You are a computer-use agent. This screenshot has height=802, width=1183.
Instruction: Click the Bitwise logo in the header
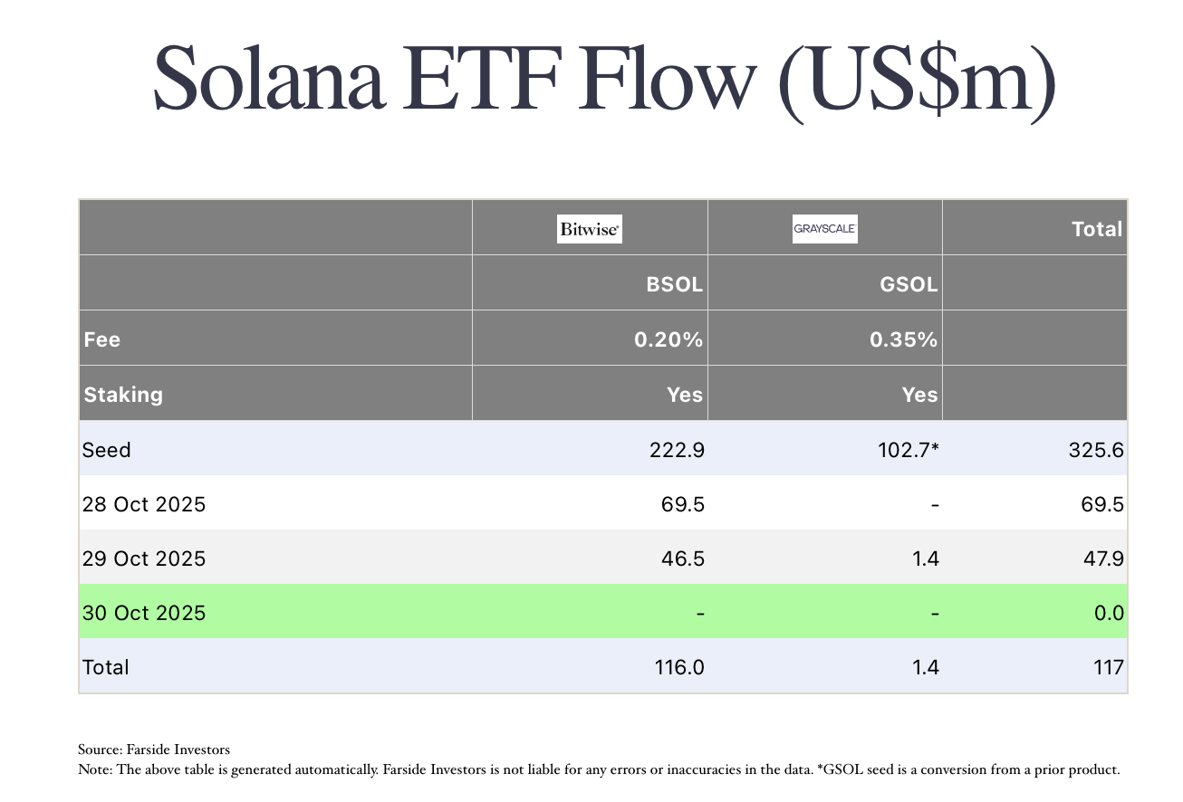click(x=589, y=230)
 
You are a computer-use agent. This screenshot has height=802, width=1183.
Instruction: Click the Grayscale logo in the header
click(x=824, y=229)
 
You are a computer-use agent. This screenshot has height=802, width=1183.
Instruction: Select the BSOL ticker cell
click(x=673, y=284)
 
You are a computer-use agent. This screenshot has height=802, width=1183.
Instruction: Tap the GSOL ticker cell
click(x=909, y=284)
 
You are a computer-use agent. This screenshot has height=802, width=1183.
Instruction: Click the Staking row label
click(x=123, y=395)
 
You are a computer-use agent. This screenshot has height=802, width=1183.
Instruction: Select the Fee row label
click(x=101, y=340)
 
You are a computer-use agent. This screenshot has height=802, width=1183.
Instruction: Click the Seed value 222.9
click(x=678, y=450)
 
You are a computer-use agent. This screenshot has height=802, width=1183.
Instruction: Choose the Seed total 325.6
click(x=1097, y=450)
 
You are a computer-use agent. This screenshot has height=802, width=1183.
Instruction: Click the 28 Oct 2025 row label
click(x=144, y=504)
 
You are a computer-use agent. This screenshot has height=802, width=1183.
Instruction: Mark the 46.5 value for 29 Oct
click(x=683, y=559)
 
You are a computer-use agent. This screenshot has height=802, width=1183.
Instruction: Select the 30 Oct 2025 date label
click(x=144, y=613)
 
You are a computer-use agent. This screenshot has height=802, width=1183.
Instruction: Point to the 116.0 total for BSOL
click(x=678, y=667)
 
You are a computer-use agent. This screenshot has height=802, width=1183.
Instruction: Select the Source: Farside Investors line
click(x=154, y=749)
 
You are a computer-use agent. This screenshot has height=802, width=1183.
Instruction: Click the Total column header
click(x=1096, y=229)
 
